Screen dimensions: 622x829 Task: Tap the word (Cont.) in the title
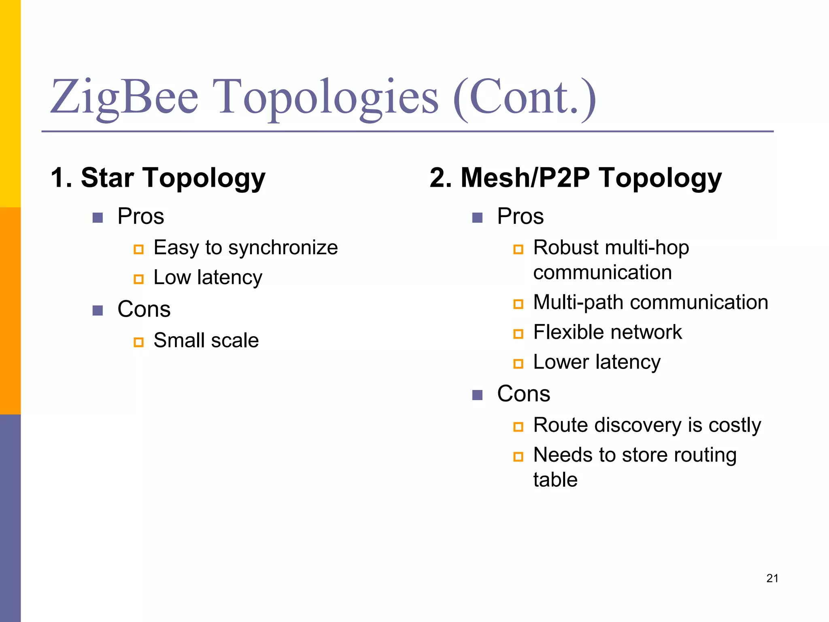tap(525, 97)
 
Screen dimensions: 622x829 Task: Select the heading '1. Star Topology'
tap(158, 178)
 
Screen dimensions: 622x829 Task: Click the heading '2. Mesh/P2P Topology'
tap(576, 178)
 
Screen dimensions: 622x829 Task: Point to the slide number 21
tap(772, 578)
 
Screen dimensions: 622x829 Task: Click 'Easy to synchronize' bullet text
tap(245, 247)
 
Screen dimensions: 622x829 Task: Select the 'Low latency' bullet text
tap(208, 278)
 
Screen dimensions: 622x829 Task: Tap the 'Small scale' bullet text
tap(206, 340)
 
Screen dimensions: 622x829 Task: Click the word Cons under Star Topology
tap(144, 309)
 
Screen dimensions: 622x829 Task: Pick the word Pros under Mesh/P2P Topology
tap(520, 216)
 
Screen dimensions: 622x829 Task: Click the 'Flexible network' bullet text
tap(607, 332)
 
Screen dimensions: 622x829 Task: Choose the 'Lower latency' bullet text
tap(597, 362)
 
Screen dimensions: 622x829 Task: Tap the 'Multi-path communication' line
tap(650, 302)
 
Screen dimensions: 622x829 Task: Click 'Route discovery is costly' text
tap(647, 425)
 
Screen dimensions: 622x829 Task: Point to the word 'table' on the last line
tap(555, 480)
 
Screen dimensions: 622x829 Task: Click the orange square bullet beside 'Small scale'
tap(138, 342)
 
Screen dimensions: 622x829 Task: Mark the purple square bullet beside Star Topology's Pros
tap(98, 218)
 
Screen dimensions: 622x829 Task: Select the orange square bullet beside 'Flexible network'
tap(518, 334)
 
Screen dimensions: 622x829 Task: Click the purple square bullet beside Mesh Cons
tap(477, 395)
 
